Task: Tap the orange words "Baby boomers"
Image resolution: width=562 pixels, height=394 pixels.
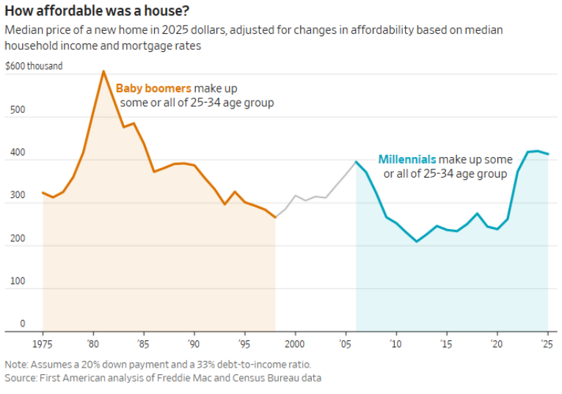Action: click(149, 88)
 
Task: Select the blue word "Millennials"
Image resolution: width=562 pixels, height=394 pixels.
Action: click(407, 159)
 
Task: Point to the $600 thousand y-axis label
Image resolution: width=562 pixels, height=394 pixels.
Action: click(34, 66)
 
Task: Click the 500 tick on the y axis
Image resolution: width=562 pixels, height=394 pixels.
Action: click(15, 110)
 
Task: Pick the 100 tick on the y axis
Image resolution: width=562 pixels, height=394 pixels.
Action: click(15, 282)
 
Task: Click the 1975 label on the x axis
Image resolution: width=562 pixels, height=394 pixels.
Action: click(43, 343)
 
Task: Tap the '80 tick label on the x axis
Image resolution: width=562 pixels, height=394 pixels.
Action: click(92, 343)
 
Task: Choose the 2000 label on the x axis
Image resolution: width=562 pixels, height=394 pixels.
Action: click(295, 343)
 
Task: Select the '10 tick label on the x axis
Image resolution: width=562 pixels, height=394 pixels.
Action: click(396, 343)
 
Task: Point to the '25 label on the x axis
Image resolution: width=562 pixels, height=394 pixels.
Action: click(547, 343)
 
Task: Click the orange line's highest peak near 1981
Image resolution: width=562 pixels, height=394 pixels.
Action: click(103, 71)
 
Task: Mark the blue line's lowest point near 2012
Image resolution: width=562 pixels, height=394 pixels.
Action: click(417, 241)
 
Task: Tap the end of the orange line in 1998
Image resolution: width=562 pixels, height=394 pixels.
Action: click(275, 217)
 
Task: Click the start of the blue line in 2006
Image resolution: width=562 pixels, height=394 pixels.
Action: click(356, 161)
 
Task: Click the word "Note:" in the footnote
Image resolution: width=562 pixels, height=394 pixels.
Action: click(17, 365)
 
